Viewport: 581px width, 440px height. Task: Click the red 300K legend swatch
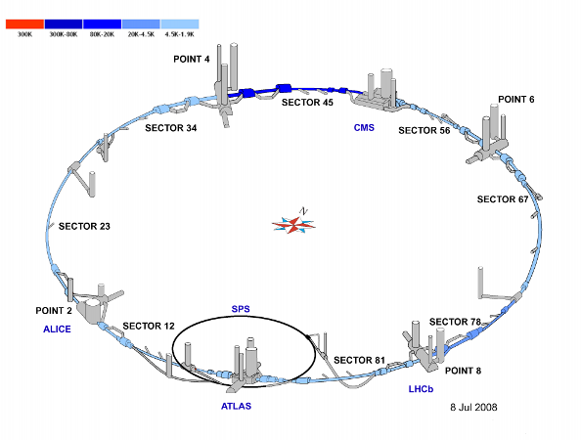24,24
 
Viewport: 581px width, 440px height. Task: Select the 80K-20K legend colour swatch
103,24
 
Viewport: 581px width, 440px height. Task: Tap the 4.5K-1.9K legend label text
180,34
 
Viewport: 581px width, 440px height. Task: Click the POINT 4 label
191,59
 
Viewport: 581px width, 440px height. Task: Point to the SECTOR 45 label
307,103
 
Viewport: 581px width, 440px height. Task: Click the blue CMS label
364,128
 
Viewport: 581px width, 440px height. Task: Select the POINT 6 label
516,100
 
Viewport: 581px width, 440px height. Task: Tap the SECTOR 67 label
503,199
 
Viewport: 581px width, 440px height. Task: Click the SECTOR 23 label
84,226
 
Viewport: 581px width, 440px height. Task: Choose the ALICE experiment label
57,330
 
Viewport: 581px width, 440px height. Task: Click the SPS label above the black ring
241,309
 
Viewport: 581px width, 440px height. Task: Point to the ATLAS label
236,407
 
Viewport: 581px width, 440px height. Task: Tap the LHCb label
421,389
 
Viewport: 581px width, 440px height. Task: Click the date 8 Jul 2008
473,408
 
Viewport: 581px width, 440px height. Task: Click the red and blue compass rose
293,225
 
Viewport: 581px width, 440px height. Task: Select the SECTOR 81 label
359,360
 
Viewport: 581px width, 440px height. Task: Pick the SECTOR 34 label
171,128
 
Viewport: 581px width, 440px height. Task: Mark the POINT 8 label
463,371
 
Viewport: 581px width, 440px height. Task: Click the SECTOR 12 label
149,326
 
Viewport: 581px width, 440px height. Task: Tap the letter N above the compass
304,211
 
